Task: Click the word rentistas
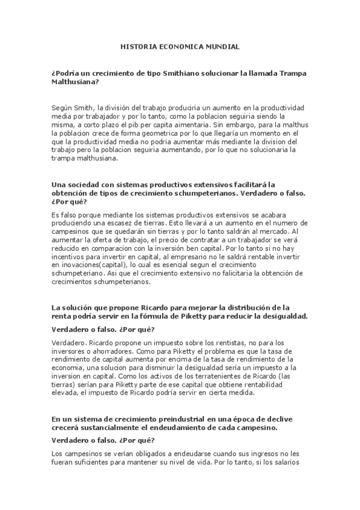(x=205, y=342)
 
